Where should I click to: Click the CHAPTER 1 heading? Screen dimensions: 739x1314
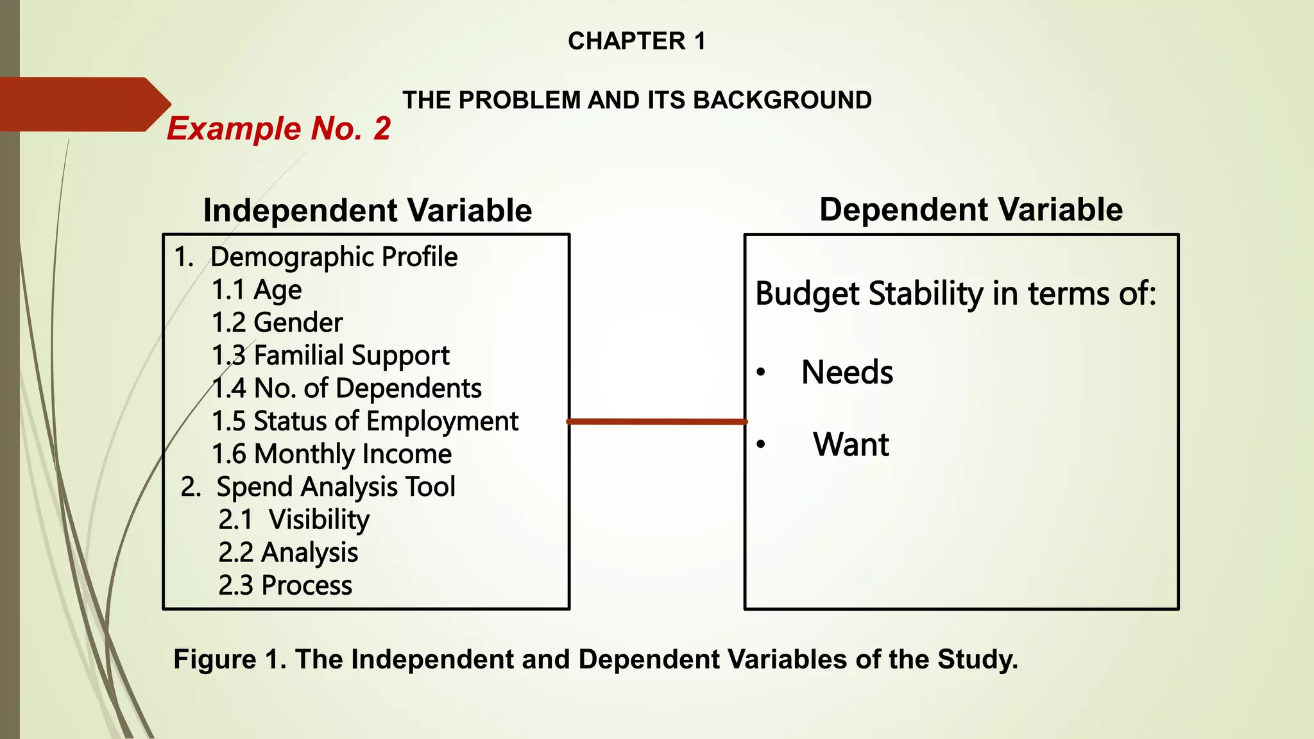pos(636,41)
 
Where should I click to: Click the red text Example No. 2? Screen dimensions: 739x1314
pos(278,128)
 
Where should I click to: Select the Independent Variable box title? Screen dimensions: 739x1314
pos(367,210)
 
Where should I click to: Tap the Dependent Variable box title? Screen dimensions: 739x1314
pos(971,209)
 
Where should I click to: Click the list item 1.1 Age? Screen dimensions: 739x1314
pos(257,290)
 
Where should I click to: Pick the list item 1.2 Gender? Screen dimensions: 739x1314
pos(277,323)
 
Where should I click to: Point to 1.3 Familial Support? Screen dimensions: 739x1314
pos(330,355)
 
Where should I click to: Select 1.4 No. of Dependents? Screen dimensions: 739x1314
pos(346,388)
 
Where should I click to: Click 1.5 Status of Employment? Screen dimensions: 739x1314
pos(364,421)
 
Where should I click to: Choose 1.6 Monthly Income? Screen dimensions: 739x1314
pos(332,454)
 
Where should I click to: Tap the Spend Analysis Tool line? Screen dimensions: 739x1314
pos(318,487)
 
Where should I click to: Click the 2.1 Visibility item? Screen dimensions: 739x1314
pos(294,520)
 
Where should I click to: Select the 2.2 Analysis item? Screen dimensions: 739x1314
pos(288,552)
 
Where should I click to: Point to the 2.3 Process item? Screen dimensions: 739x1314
pos(285,585)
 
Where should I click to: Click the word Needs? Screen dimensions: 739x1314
pos(847,373)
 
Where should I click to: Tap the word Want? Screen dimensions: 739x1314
pos(851,445)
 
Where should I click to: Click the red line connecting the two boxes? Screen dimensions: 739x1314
pos(657,421)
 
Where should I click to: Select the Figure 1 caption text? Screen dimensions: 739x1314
pos(595,659)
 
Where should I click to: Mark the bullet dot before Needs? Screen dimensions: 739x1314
pos(761,373)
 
